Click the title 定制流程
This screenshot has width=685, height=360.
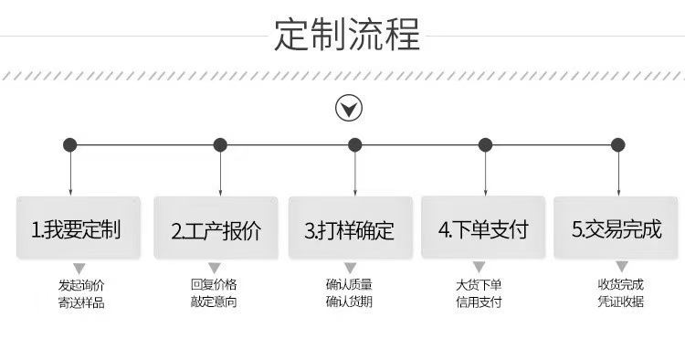[x=347, y=34]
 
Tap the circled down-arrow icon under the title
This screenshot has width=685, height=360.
[x=349, y=109]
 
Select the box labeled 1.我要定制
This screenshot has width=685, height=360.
[x=79, y=228]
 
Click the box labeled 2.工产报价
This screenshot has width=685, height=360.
[x=216, y=228]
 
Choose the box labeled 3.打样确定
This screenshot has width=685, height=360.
[x=351, y=228]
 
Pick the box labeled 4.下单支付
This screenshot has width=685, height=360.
[x=483, y=228]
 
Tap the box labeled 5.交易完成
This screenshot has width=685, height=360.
[x=616, y=228]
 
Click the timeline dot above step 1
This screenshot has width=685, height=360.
[x=70, y=145]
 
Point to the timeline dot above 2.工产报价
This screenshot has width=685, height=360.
[x=220, y=145]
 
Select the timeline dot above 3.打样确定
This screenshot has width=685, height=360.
[x=354, y=145]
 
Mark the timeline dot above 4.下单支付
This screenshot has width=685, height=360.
[x=485, y=145]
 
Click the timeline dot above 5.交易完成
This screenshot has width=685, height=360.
[x=617, y=145]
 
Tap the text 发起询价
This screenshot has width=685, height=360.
[x=81, y=285]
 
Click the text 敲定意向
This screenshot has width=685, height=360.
[x=214, y=302]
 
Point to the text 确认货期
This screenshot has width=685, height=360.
[x=349, y=302]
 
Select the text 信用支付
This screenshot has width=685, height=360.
[x=479, y=302]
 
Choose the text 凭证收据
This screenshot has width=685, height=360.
[x=621, y=302]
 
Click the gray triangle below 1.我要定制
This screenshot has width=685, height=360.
[x=79, y=269]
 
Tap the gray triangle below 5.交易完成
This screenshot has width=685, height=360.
[x=622, y=267]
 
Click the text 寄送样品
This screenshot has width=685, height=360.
[x=81, y=302]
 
